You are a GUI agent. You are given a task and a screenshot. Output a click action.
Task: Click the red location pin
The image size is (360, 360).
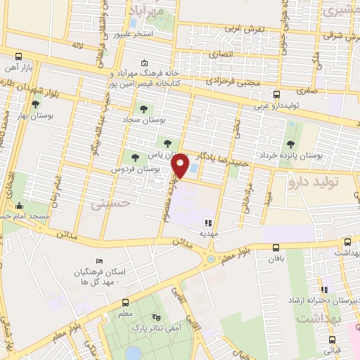tap(181, 166)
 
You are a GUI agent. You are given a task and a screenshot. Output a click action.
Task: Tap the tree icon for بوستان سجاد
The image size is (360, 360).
tap(143, 109)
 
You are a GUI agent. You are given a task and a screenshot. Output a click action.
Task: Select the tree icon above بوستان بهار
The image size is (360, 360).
tap(35, 105)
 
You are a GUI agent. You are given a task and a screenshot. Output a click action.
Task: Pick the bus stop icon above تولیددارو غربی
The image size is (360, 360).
tap(276, 94)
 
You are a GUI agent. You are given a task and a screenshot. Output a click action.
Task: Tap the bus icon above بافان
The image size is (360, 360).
tap(275, 247)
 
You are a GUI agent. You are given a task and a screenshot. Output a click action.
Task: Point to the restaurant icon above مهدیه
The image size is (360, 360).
tap(206, 222)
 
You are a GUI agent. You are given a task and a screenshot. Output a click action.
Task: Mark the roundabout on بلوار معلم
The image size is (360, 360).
tap(210, 260)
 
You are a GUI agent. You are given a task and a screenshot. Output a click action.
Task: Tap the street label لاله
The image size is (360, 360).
tap(77, 46)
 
